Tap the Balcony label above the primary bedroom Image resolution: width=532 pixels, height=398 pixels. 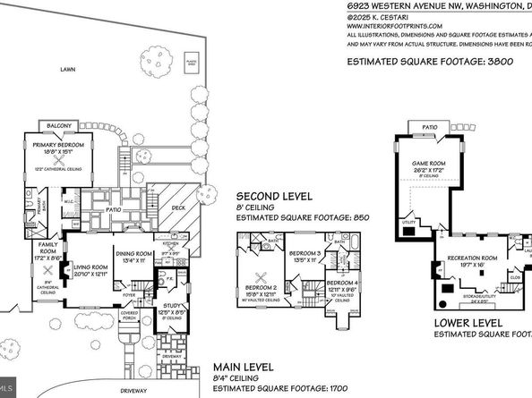coord(58,126)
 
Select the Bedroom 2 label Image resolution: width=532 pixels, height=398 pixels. coord(261,288)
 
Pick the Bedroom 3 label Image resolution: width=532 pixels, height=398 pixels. coord(306,253)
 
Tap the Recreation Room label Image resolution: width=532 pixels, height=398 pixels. coord(466,258)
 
